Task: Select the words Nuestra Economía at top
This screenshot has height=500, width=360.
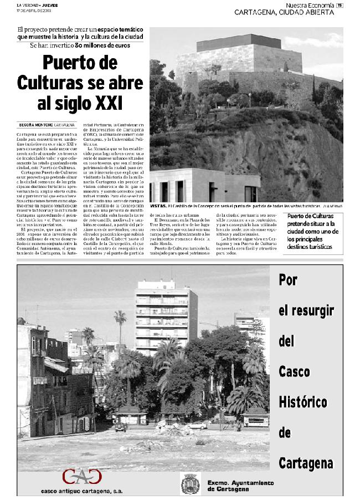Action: [309, 5]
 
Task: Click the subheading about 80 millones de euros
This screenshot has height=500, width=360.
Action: [80, 45]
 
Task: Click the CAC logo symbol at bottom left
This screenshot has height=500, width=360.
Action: [82, 477]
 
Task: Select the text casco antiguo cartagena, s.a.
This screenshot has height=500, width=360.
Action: [82, 491]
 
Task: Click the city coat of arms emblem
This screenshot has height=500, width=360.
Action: [188, 484]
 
